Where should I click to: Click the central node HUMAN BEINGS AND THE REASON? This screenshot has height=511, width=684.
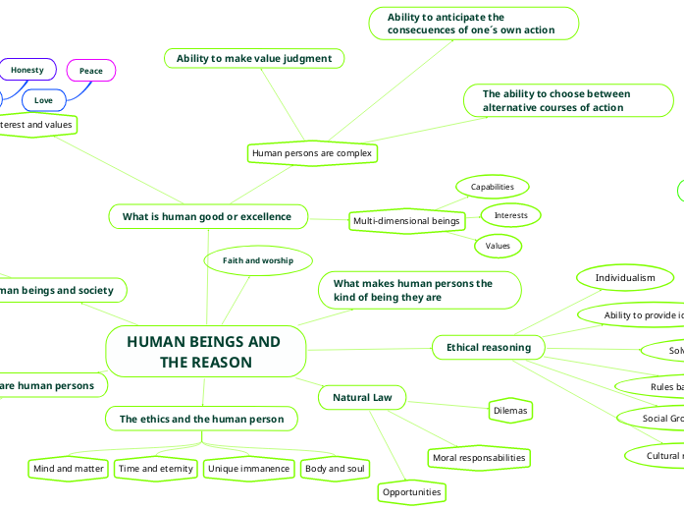[x=204, y=352]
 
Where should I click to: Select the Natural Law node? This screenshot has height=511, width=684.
[x=363, y=398]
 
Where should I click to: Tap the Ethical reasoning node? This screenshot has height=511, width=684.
[x=489, y=347]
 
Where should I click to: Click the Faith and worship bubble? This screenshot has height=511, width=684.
[x=258, y=260]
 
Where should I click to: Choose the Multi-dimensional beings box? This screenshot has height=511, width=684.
[x=405, y=221]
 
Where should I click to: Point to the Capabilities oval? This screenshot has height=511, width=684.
[x=493, y=187]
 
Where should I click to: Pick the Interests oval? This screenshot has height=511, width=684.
[x=510, y=214]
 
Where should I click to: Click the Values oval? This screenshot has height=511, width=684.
[x=498, y=245]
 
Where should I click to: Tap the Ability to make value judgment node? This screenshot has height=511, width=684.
[x=254, y=59]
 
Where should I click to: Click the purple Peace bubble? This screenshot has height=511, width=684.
[x=91, y=71]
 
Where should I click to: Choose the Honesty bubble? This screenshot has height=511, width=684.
[x=27, y=70]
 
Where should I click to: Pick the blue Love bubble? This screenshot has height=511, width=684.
[x=43, y=100]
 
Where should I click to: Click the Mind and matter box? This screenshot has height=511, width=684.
[x=69, y=469]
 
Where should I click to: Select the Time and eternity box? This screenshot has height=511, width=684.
[x=156, y=469]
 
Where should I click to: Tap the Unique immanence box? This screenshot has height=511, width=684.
[x=248, y=469]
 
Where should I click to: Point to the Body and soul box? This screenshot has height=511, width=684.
[x=336, y=469]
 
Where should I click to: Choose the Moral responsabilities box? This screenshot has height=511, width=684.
[x=479, y=457]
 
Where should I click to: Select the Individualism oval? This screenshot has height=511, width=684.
[x=625, y=278]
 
